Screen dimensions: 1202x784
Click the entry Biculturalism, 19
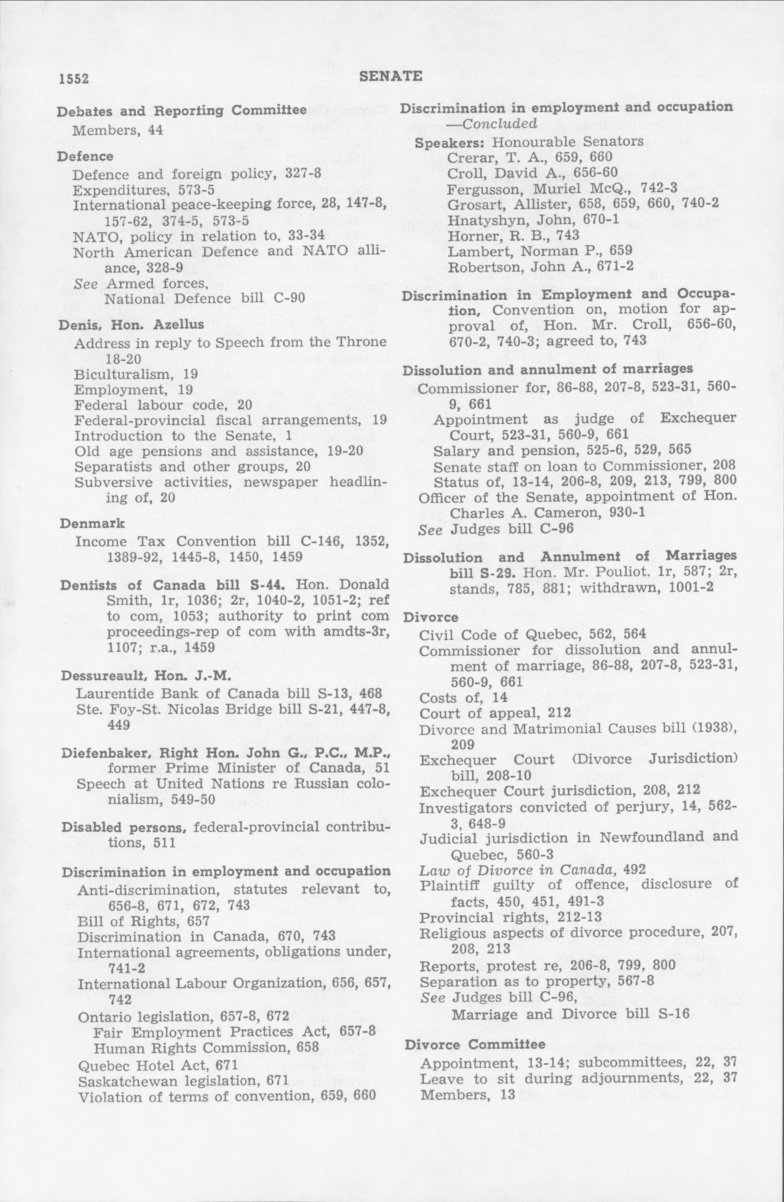tap(135, 374)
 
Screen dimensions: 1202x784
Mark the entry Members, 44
tap(118, 130)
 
